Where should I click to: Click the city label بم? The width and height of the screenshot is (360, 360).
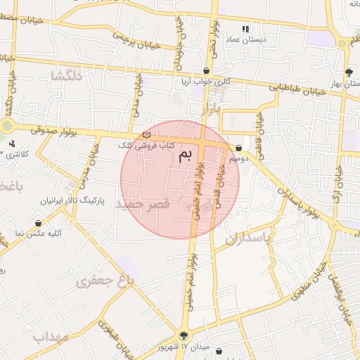pos(186,155)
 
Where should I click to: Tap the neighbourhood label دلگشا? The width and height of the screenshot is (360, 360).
pos(65,77)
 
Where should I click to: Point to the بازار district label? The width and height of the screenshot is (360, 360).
pos(210,110)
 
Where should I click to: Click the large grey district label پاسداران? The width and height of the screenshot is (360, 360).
pos(248,239)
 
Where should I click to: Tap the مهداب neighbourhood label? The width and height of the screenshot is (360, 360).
pos(50,337)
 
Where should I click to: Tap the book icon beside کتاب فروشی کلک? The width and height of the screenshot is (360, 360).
pos(146,135)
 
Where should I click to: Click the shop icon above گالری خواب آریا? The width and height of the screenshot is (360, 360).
pos(206,70)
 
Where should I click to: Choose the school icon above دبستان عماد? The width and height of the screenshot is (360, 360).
pos(245,29)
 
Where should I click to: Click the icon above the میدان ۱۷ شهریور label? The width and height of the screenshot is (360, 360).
pos(184,335)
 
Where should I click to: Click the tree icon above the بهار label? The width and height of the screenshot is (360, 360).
pos(349,72)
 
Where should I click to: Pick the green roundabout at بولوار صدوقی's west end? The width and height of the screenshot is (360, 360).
pos(7,127)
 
